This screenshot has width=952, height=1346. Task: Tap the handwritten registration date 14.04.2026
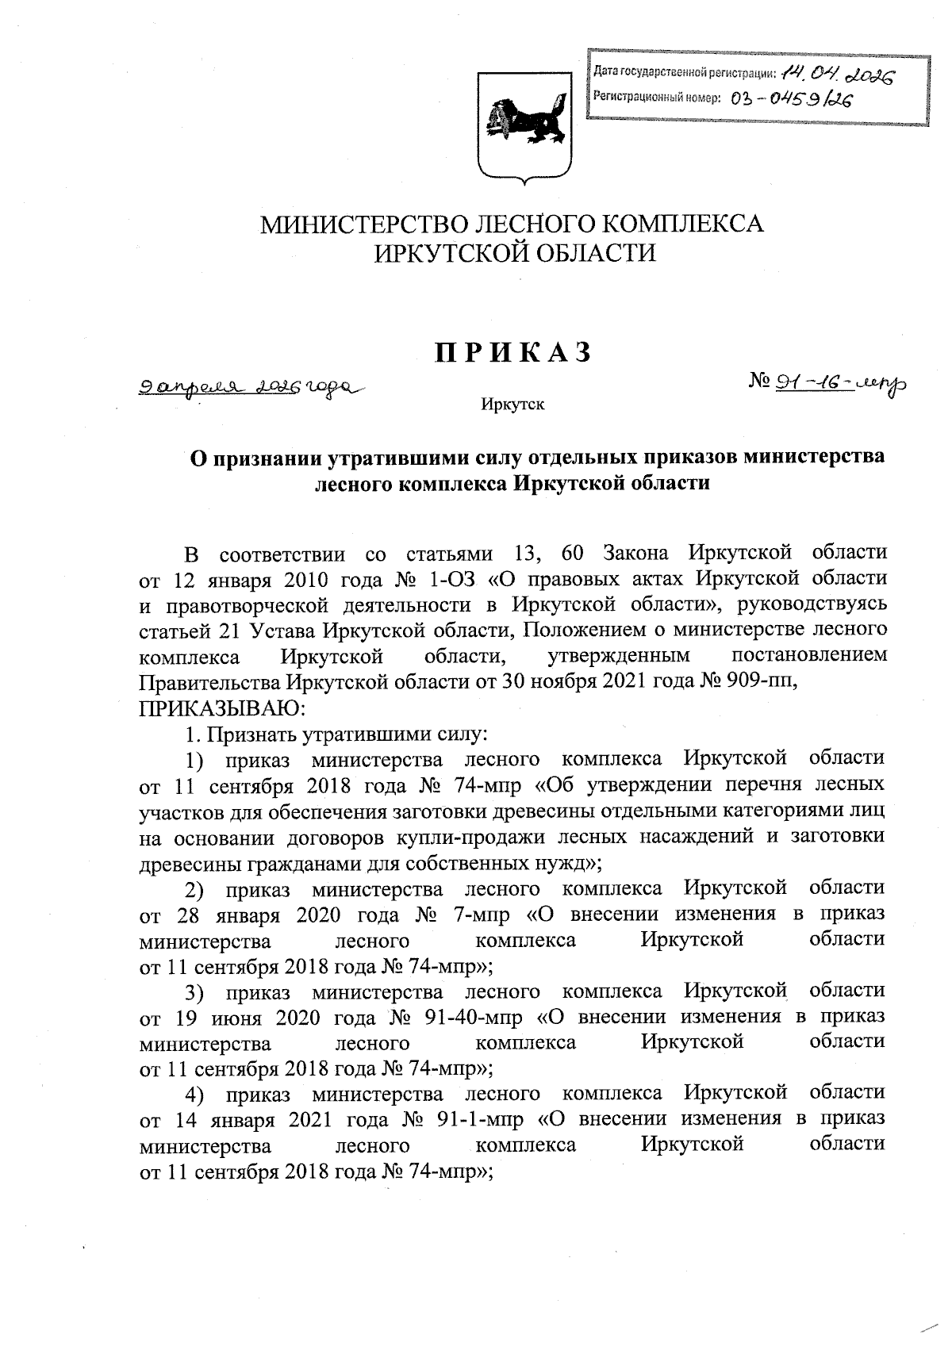(x=837, y=75)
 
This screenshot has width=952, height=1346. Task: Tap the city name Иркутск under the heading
(x=512, y=405)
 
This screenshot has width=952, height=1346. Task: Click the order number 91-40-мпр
(x=480, y=1017)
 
